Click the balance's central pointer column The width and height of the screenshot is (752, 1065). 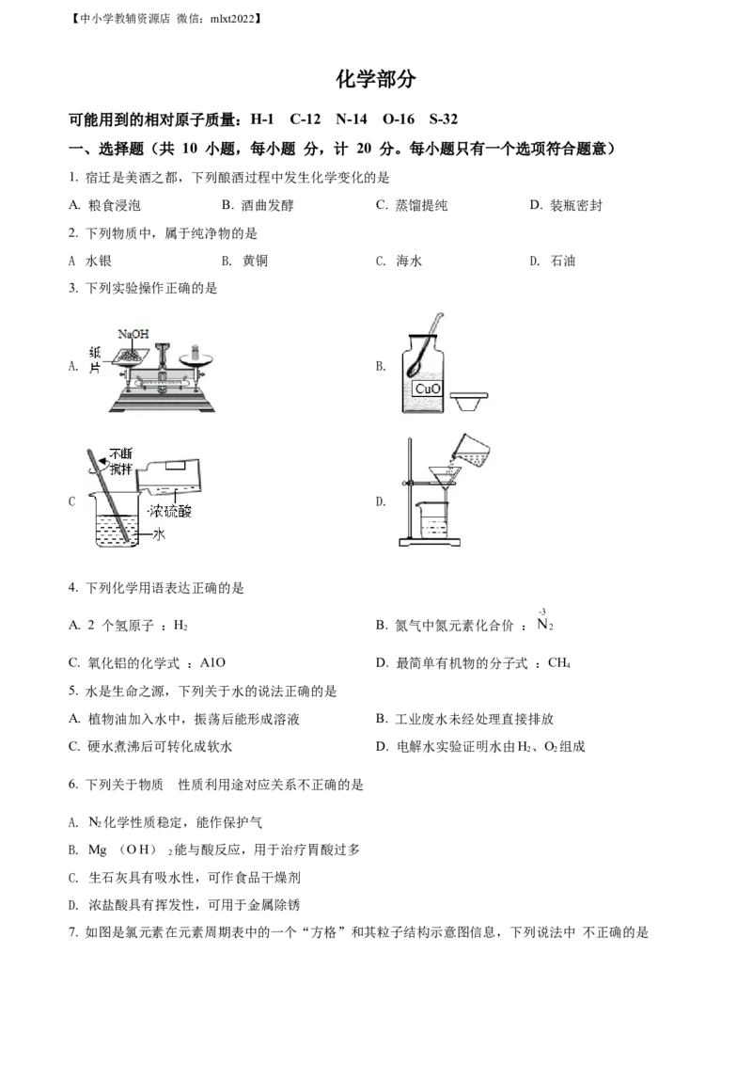tap(162, 362)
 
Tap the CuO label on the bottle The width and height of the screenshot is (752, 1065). tap(429, 388)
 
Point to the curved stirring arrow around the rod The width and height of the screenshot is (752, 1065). tap(94, 460)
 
